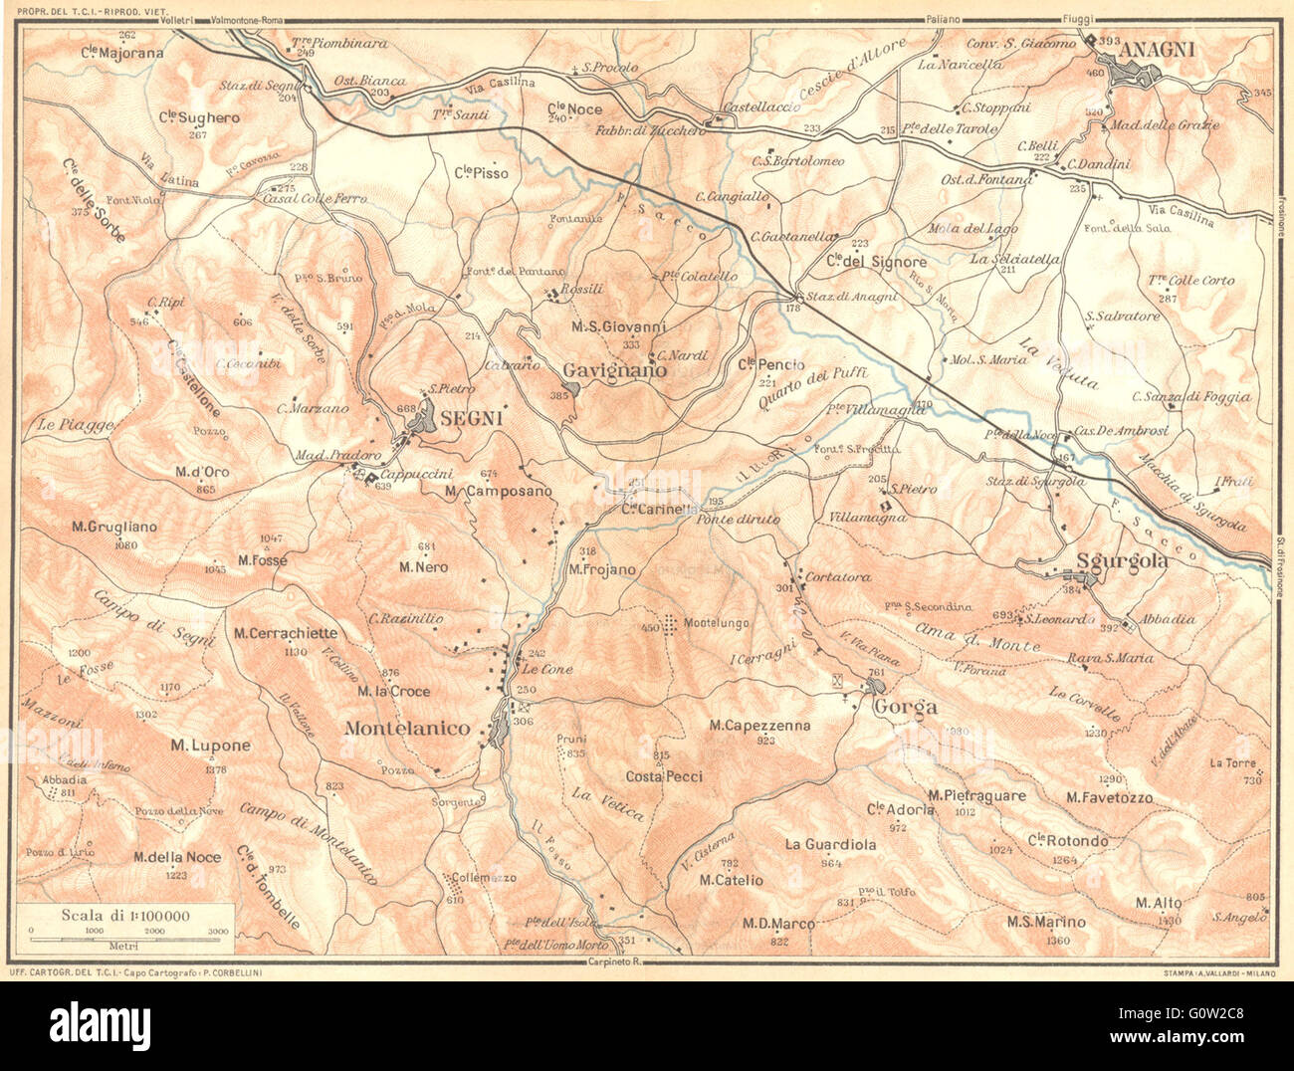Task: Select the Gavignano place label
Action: point(614,369)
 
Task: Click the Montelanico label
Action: point(406,729)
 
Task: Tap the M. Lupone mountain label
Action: point(210,746)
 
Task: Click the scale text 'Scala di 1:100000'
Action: point(124,916)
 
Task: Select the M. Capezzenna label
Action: point(759,726)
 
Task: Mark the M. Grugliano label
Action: point(113,527)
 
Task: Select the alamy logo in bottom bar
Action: point(101,1023)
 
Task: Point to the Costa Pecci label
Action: point(664,776)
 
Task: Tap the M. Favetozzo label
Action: point(1109,797)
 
